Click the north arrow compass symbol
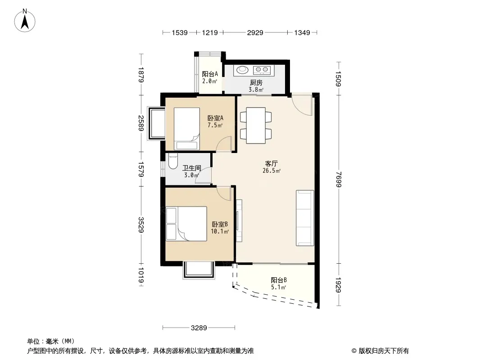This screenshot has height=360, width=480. [25, 21]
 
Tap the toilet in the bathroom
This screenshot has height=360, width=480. [173, 161]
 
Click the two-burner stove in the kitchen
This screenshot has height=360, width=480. [262, 70]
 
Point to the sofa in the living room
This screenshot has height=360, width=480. [305, 218]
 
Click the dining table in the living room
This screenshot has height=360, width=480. [256, 126]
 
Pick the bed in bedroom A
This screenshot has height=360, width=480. [187, 129]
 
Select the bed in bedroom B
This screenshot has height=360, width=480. [186, 224]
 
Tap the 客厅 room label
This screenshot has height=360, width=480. [271, 164]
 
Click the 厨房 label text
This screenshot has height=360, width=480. [256, 83]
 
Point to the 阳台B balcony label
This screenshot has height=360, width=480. [279, 280]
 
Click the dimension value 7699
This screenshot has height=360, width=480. [338, 179]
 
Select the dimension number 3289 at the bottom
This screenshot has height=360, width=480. [199, 328]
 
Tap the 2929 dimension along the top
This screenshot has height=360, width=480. [255, 32]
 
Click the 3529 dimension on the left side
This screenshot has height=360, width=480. [141, 225]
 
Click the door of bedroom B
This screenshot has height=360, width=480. [224, 193]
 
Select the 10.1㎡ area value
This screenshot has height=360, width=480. [219, 232]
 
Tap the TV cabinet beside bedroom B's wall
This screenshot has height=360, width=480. [239, 220]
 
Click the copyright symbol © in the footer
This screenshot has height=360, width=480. [354, 351]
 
